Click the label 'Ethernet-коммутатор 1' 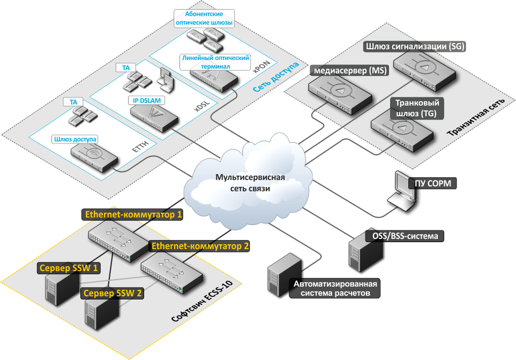[x=134, y=215]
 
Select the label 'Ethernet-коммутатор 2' [x=200, y=246]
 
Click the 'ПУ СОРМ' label [x=433, y=184]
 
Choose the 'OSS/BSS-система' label [x=405, y=235]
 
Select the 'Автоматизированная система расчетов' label [x=334, y=288]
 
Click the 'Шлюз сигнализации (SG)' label [x=415, y=47]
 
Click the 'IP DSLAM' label [x=147, y=100]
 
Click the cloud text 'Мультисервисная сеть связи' [x=247, y=183]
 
